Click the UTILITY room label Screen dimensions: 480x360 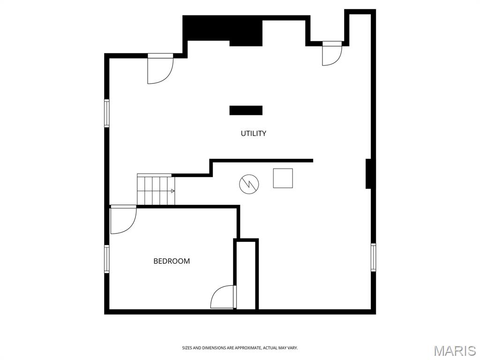[253, 134]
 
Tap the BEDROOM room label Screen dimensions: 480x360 [172, 261]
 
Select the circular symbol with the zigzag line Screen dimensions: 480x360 [249, 184]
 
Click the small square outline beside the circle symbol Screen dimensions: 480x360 [283, 178]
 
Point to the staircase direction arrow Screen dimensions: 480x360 [172, 191]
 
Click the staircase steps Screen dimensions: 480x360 [156, 189]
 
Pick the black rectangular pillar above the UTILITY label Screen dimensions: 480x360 [246, 110]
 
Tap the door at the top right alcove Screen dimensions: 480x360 [332, 53]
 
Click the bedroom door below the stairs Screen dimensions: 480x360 [123, 219]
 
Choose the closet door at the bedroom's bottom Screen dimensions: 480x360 [224, 297]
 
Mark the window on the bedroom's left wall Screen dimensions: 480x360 [106, 259]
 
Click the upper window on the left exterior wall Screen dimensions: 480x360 [106, 113]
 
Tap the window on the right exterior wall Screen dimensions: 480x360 [374, 257]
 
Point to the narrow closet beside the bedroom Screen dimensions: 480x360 [246, 275]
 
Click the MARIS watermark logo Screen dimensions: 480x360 [454, 351]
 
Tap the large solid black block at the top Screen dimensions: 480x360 [223, 30]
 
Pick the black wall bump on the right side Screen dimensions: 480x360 [368, 173]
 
